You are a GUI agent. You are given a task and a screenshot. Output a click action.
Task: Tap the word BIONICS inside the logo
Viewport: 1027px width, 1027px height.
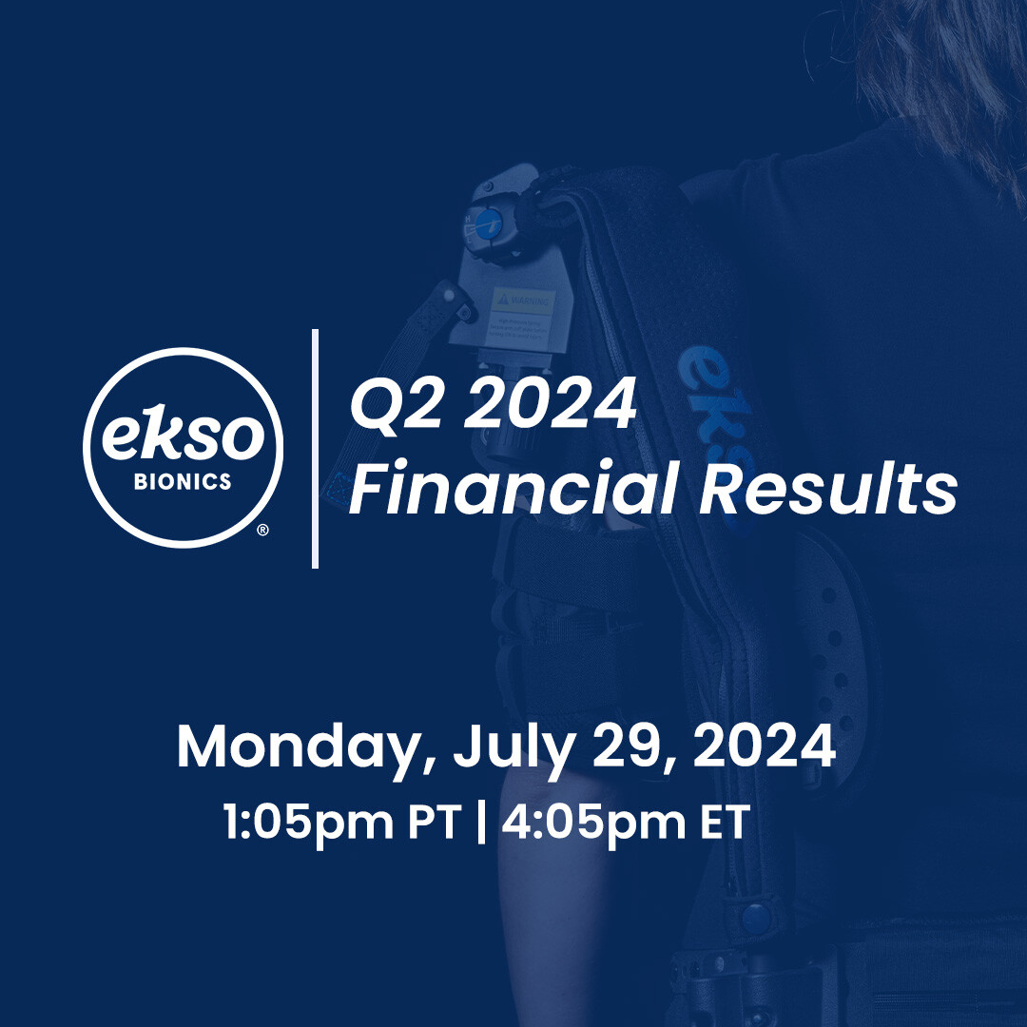click(184, 482)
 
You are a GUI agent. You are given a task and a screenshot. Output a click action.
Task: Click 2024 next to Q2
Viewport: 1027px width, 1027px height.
click(539, 403)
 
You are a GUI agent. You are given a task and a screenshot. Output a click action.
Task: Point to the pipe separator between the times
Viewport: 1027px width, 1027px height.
click(479, 822)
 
